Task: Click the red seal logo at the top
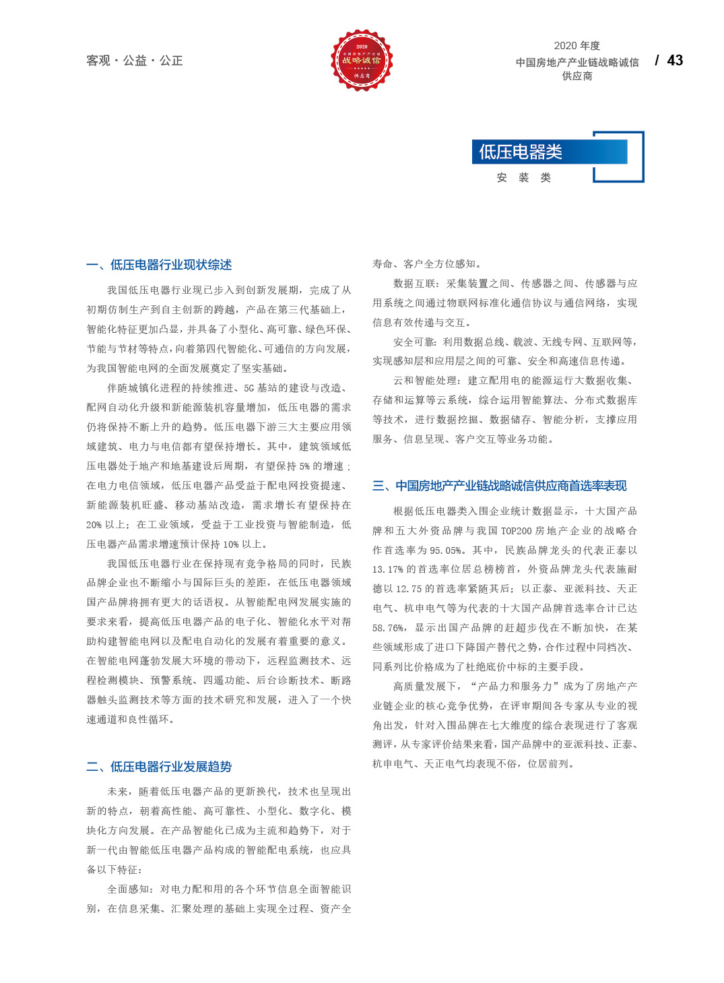click(x=362, y=60)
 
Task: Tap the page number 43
click(x=675, y=61)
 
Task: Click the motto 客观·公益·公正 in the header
click(x=135, y=61)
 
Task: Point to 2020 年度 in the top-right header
click(x=577, y=46)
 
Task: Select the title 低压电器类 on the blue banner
click(x=521, y=152)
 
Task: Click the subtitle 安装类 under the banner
click(x=524, y=178)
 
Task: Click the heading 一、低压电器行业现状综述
click(x=159, y=265)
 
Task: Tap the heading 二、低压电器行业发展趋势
click(x=159, y=767)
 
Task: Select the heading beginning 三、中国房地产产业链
click(x=499, y=486)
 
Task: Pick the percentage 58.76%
click(x=389, y=628)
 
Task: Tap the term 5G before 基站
click(x=249, y=388)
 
